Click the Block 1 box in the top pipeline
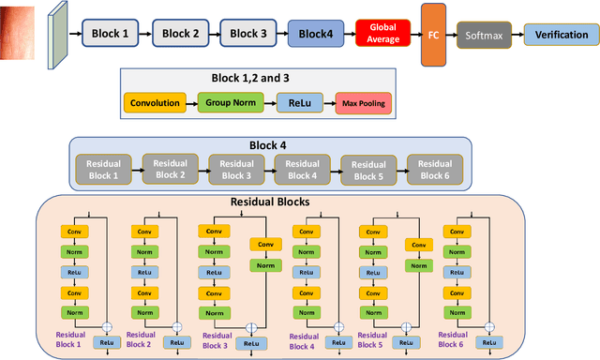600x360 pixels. [x=111, y=34]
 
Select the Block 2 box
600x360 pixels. [x=181, y=34]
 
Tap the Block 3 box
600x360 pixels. [x=248, y=34]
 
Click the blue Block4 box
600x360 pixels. [x=315, y=34]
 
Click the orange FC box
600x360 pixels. [x=433, y=34]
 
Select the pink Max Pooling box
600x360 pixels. [x=363, y=103]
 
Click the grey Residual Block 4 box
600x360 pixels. [x=299, y=169]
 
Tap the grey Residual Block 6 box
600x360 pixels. [x=432, y=169]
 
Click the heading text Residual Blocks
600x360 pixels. [x=270, y=202]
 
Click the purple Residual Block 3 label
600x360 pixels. [x=215, y=338]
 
